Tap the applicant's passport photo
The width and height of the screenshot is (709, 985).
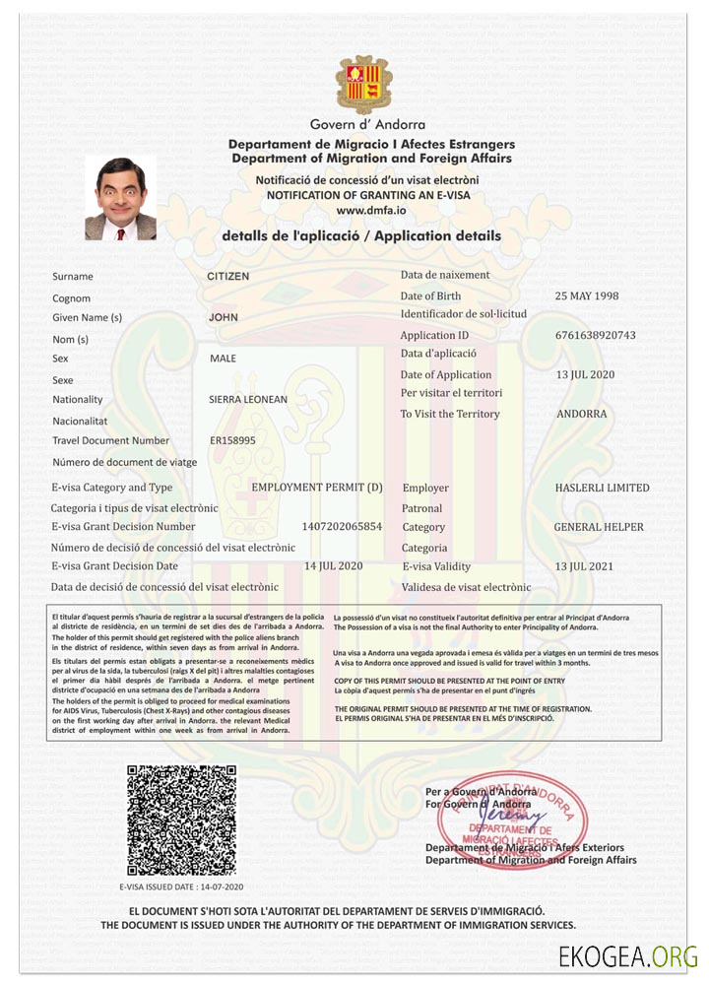(121, 199)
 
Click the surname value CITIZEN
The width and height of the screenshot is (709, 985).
(228, 277)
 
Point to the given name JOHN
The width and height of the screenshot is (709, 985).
(224, 318)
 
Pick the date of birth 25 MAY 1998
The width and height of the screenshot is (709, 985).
(593, 295)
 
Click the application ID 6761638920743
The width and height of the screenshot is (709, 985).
(596, 335)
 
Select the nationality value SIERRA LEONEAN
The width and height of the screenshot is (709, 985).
(248, 400)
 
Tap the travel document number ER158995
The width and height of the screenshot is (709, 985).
(232, 440)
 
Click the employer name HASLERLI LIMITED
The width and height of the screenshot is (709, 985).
(602, 488)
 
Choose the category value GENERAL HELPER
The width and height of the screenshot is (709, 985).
(599, 527)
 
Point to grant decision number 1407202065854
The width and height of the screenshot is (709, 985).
(342, 527)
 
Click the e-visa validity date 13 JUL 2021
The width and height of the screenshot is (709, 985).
(584, 566)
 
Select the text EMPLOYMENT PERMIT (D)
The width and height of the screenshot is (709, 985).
(317, 488)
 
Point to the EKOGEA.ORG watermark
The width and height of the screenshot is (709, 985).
(627, 955)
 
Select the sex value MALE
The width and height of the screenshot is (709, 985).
(224, 359)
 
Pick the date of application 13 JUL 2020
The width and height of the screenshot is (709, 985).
(585, 374)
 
